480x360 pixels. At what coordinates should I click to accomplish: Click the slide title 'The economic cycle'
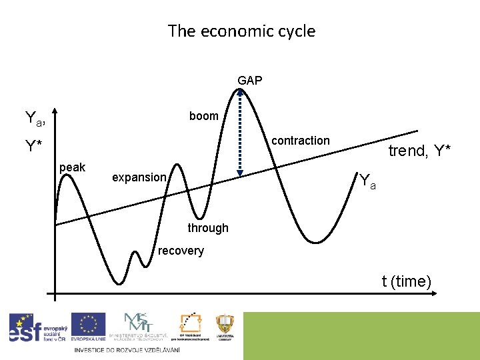241,31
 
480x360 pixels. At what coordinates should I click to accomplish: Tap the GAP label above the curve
250,81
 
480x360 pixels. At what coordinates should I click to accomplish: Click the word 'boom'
203,116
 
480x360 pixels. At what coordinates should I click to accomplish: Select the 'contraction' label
300,141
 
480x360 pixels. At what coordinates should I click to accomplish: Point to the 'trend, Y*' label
419,151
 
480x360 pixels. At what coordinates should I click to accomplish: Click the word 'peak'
72,167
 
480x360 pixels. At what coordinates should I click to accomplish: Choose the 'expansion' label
139,177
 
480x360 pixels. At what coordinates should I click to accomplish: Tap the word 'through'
207,228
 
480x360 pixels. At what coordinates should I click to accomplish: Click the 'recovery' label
181,251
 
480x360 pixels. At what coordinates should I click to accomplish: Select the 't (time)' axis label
407,281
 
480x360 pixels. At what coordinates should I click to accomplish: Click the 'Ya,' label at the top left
35,119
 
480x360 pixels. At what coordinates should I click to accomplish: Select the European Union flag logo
88,327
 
